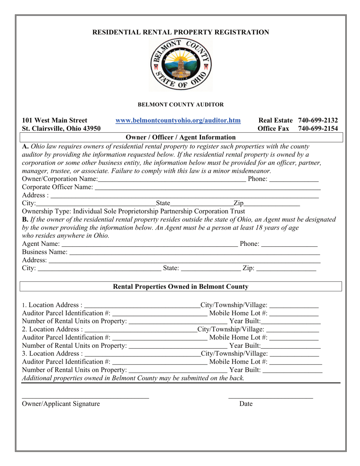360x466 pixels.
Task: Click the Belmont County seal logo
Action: pos(181,65)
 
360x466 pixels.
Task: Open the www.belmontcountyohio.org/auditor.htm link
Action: pos(178,120)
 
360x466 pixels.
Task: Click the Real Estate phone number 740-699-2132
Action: pos(318,120)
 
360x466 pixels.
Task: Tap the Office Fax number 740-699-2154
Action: pos(318,128)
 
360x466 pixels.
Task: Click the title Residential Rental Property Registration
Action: pos(181,33)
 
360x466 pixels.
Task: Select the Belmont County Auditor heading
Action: pos(180,104)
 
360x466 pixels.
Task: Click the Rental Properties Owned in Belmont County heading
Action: pos(181,287)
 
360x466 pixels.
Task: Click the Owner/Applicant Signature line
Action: pos(85,397)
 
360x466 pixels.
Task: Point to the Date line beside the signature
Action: pos(271,397)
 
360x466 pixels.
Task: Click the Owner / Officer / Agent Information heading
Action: pos(180,137)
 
